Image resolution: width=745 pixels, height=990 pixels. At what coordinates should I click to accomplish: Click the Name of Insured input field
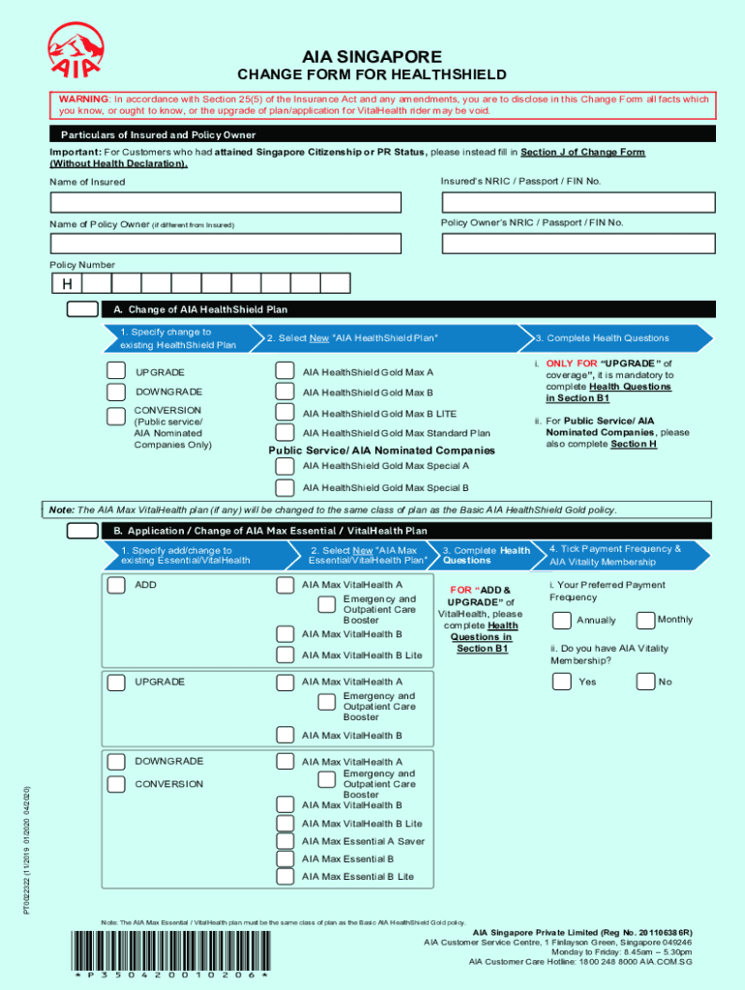tap(225, 202)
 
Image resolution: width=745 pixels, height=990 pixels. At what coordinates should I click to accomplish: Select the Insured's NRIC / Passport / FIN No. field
tap(578, 202)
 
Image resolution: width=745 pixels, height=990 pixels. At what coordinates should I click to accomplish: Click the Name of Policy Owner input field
tap(225, 245)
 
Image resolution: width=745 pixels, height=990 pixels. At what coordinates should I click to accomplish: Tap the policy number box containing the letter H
tap(67, 283)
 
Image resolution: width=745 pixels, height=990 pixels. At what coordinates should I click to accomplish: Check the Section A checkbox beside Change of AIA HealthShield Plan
tap(82, 309)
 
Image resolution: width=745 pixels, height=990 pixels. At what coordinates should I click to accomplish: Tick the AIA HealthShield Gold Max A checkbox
tap(285, 371)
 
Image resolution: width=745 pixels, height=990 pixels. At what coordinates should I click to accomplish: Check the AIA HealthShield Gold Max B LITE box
tap(285, 413)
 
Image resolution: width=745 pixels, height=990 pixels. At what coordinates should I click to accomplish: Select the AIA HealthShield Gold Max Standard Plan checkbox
tap(285, 433)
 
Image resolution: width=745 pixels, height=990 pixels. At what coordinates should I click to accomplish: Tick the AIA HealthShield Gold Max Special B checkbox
tap(285, 488)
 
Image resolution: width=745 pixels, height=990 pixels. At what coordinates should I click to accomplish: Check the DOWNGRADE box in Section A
tap(116, 392)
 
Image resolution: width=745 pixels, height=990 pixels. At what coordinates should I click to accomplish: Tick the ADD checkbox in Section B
tap(116, 585)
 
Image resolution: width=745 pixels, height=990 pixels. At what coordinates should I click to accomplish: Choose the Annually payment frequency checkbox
tap(561, 620)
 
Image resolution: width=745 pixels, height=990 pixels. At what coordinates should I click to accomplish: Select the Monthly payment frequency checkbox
tap(645, 620)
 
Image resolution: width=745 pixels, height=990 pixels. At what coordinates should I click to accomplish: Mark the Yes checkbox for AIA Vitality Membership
tap(561, 682)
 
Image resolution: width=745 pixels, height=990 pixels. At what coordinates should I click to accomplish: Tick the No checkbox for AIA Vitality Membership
tap(645, 682)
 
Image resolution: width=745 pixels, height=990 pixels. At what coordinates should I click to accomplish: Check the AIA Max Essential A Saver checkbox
tap(285, 841)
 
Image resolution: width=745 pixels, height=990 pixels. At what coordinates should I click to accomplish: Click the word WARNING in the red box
tap(83, 100)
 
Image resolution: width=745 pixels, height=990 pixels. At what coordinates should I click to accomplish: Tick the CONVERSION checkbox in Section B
tap(116, 784)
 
